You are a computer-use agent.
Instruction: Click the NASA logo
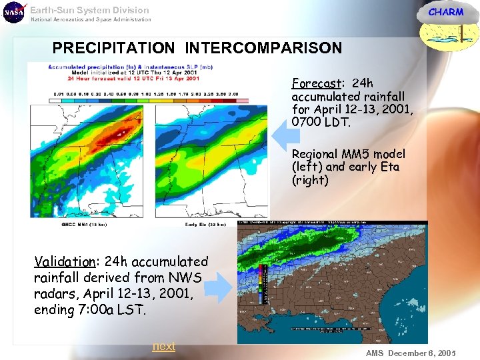coord(13,12)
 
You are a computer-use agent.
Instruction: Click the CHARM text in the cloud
coord(445,12)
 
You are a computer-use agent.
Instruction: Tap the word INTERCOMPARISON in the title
coord(263,48)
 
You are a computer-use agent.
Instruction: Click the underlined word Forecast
coord(315,84)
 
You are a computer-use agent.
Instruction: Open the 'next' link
coord(163,346)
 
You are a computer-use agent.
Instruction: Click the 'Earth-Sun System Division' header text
coord(89,10)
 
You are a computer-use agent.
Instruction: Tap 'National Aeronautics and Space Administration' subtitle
coord(91,20)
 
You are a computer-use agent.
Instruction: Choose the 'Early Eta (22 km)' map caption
coord(205,225)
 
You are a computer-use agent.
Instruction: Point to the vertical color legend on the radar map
coord(262,284)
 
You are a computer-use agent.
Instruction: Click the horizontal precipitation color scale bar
coord(137,99)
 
